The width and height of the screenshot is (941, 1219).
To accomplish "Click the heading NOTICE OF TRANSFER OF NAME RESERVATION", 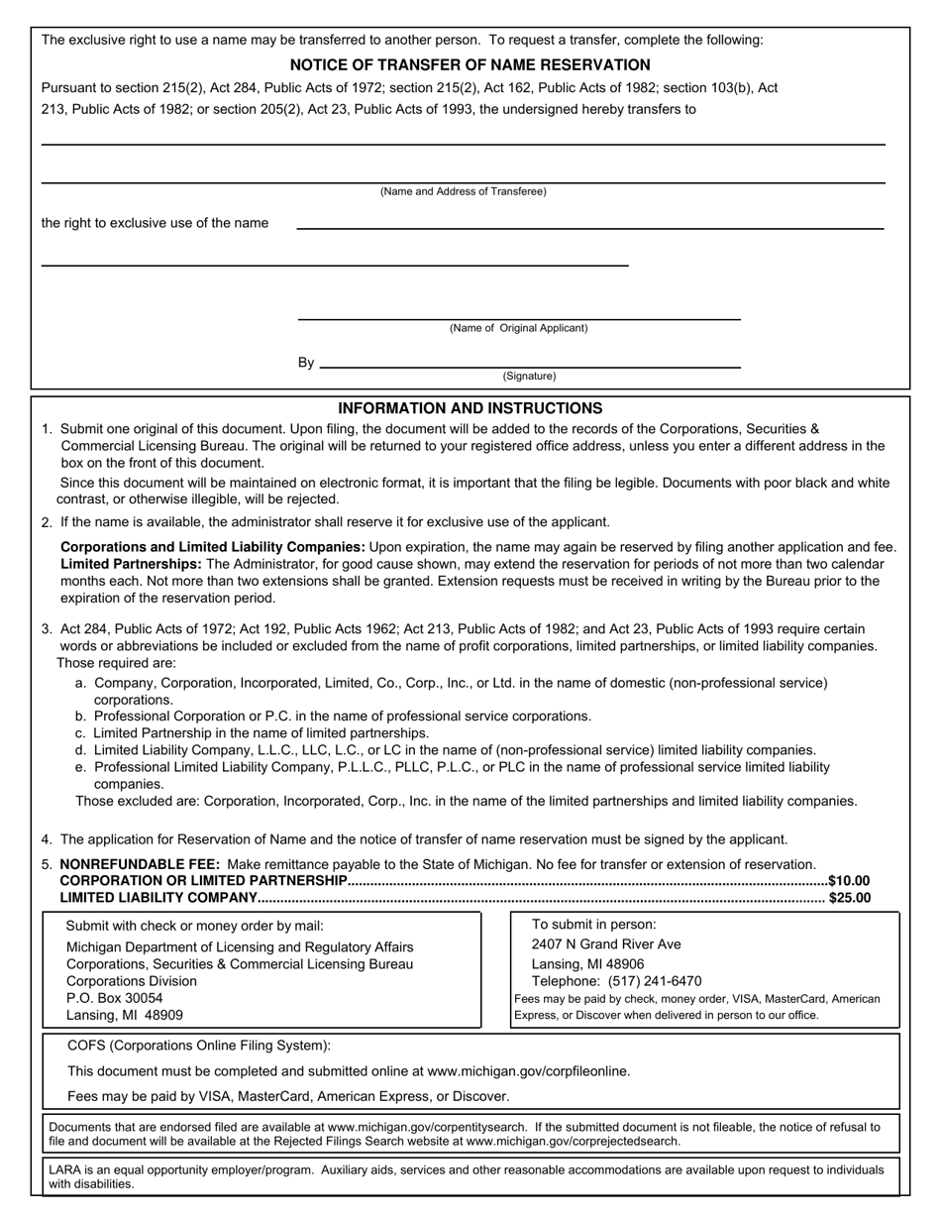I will coord(470,65).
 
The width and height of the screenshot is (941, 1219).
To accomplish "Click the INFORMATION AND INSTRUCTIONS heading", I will coord(470,408).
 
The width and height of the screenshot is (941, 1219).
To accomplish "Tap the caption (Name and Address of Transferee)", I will coord(463,191).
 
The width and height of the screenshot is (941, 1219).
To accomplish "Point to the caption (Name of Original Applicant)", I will coord(518,328).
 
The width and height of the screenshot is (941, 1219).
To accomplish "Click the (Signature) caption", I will coord(529,377).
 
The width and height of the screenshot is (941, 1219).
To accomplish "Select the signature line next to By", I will coord(530,366).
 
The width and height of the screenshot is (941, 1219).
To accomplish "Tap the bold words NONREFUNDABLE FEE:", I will coord(140,864).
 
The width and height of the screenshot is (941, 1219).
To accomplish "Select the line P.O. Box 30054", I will coord(115,998).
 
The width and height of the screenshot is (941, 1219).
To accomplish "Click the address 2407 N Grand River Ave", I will coord(606,943).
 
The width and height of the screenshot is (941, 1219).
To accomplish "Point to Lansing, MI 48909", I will coord(125,1015).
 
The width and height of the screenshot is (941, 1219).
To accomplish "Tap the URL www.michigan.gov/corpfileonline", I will coord(528,1070).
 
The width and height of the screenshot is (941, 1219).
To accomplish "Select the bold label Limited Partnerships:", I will coord(131,563).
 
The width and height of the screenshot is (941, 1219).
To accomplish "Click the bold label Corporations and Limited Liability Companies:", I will coord(213,547).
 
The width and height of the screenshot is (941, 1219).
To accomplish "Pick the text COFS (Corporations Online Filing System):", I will coord(199,1045).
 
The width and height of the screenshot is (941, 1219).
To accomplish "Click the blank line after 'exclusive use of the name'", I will coord(589,228).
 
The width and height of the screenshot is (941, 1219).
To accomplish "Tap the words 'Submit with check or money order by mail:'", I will coord(195,926).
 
